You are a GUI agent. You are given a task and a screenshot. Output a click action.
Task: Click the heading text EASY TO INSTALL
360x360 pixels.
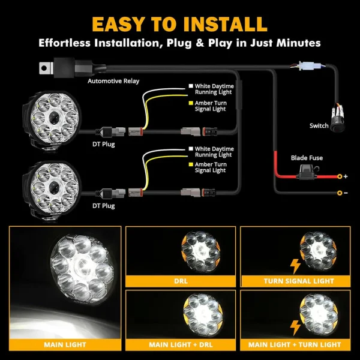(179, 23)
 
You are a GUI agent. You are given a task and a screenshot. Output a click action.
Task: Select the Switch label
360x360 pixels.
(319, 126)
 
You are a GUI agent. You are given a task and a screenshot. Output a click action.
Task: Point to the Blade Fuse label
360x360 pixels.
(307, 158)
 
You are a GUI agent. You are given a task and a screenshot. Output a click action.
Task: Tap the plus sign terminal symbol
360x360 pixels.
(346, 177)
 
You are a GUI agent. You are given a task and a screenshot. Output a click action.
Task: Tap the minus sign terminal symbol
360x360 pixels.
(346, 193)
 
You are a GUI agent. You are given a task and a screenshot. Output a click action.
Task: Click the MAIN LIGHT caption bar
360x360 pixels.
(64, 344)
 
